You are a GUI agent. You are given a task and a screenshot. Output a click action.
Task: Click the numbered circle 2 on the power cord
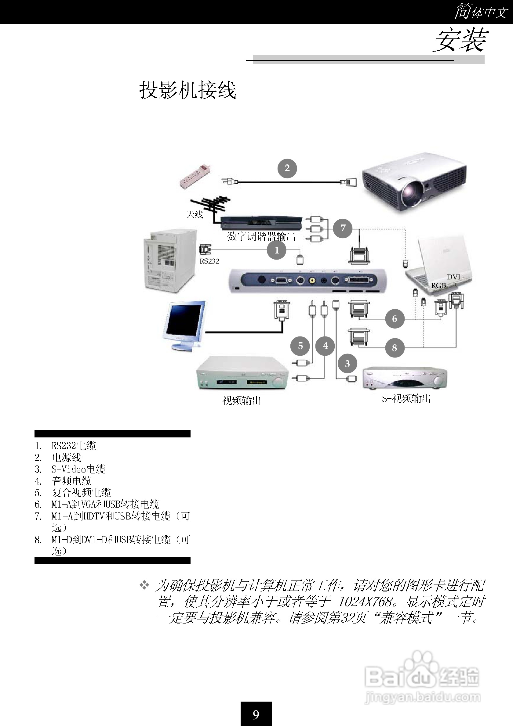click(x=287, y=168)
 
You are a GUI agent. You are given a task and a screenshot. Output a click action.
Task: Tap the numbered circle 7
click(x=343, y=228)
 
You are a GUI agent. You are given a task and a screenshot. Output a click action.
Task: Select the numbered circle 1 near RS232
click(x=277, y=250)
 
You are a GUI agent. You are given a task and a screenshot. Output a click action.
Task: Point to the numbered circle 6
click(x=395, y=318)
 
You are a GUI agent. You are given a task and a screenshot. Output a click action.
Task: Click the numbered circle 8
click(x=395, y=348)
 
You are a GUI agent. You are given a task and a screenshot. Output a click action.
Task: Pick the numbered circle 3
click(x=347, y=364)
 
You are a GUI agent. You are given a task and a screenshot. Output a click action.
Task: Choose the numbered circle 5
click(x=300, y=346)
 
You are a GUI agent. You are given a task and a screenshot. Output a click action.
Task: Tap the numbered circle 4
click(x=325, y=346)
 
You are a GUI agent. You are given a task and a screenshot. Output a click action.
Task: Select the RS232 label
click(x=209, y=261)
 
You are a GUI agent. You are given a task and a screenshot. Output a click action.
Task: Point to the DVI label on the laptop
click(x=453, y=277)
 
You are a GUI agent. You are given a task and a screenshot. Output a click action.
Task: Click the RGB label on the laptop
click(x=438, y=285)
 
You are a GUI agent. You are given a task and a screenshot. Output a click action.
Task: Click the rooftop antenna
click(x=210, y=205)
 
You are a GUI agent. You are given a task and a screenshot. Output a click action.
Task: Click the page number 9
click(x=256, y=714)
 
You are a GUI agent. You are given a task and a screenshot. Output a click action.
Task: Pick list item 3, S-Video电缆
click(x=78, y=469)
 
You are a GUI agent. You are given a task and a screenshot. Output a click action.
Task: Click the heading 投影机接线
click(x=188, y=90)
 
